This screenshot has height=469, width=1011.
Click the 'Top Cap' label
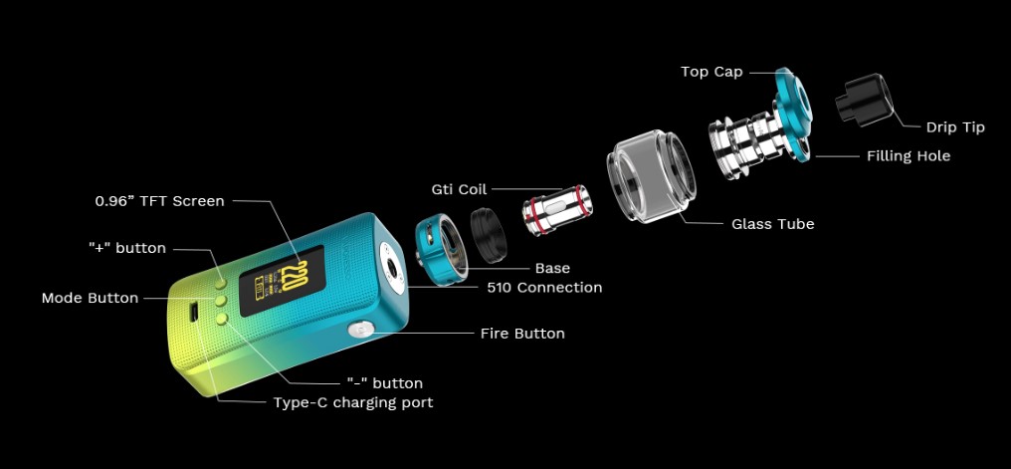(710, 72)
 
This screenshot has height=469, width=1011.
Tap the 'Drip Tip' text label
(955, 127)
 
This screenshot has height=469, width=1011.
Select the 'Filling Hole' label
(908, 156)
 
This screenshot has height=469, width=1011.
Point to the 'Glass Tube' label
(772, 224)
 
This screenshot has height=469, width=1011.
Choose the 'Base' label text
(552, 268)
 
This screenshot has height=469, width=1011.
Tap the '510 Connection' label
(544, 288)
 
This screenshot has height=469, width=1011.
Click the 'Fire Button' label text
(522, 334)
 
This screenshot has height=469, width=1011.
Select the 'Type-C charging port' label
(353, 403)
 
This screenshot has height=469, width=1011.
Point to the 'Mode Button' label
(90, 298)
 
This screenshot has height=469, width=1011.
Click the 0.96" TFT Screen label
(159, 201)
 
